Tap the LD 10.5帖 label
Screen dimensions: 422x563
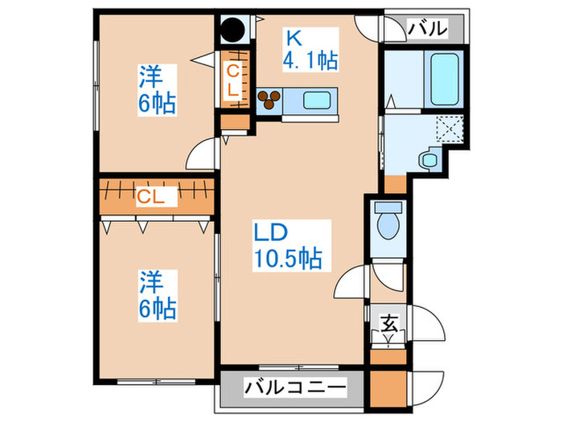click(288, 244)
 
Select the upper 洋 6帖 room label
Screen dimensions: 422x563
click(156, 91)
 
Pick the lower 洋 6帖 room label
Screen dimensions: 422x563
click(156, 295)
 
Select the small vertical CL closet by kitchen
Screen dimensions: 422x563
click(232, 80)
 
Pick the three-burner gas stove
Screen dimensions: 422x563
click(269, 99)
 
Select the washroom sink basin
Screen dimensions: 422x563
click(428, 159)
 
